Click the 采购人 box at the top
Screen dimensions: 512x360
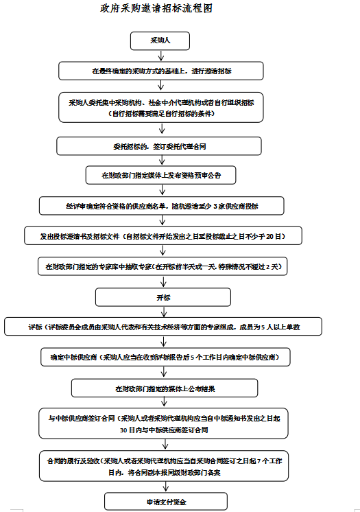tap(160, 40)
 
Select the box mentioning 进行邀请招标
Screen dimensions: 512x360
tap(160, 71)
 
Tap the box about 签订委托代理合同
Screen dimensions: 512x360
tap(160, 146)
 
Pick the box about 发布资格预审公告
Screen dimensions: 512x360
tap(160, 176)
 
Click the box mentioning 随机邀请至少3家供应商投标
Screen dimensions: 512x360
tap(162, 206)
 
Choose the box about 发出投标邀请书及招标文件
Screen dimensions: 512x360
tap(163, 236)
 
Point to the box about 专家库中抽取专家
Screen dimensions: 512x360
tap(163, 266)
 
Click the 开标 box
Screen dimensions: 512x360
tap(163, 296)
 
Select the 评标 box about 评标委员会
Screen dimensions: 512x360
tap(163, 327)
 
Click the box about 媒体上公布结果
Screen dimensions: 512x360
tap(165, 388)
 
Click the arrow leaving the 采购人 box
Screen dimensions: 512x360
tap(160, 56)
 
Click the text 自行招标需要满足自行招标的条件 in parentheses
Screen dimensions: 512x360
tap(161, 113)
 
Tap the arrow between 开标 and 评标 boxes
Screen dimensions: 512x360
tap(163, 312)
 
